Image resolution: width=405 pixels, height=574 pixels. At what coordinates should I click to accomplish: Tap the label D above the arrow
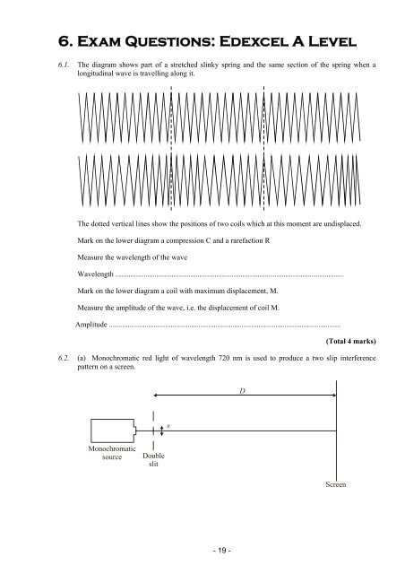(242, 391)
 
